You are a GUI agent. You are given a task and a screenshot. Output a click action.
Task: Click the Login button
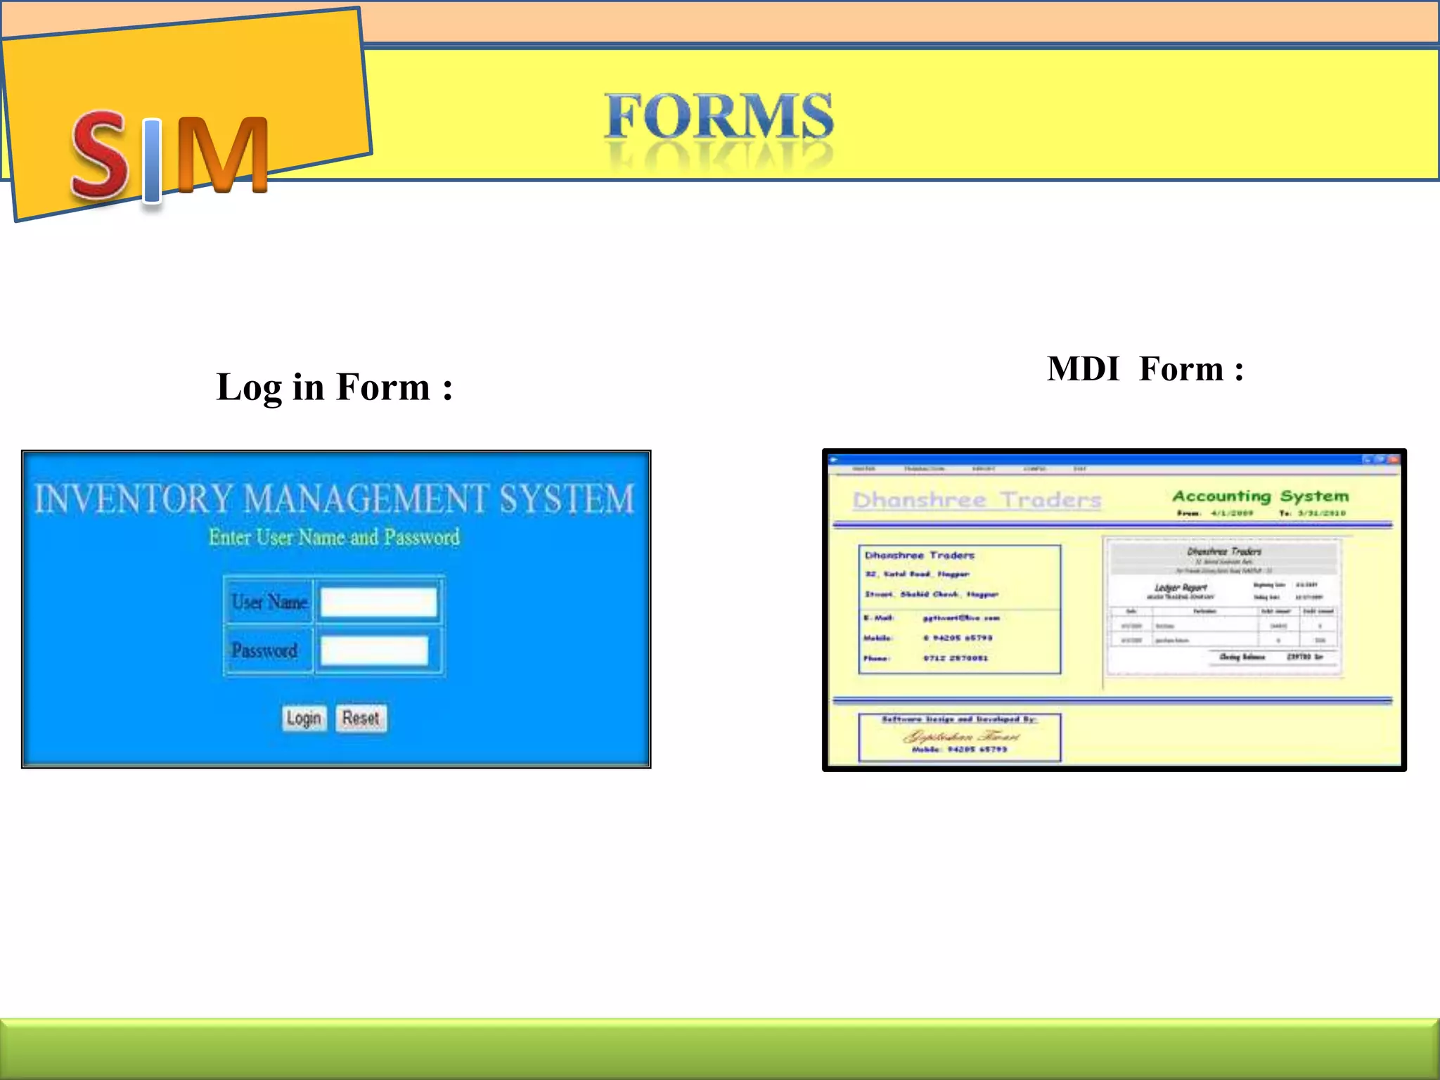point(304,718)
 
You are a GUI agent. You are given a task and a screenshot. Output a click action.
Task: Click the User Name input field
point(379,603)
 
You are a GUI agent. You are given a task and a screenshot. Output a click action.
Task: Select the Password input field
point(375,650)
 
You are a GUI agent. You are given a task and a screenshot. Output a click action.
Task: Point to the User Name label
point(269,602)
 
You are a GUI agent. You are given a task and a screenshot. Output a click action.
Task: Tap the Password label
point(264,650)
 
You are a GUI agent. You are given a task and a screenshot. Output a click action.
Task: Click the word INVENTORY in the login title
point(133,499)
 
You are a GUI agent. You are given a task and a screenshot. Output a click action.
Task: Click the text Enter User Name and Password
point(334,537)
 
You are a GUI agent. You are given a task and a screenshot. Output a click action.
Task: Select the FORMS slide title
point(719,116)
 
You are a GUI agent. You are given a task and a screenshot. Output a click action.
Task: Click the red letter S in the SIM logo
point(100,155)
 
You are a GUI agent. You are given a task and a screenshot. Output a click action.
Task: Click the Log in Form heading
point(335,387)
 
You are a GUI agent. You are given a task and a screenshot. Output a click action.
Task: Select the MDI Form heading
point(1145,369)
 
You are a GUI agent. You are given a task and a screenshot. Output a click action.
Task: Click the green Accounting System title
point(1260,496)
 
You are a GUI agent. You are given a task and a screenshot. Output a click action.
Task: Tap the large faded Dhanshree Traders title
point(977,500)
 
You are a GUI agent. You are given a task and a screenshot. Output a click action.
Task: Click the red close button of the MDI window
point(1394,460)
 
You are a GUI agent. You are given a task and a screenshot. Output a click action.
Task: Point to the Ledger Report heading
point(1181,587)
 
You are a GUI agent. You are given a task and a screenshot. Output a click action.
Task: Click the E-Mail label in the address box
point(879,618)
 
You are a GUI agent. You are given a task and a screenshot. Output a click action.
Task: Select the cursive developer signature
point(960,736)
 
